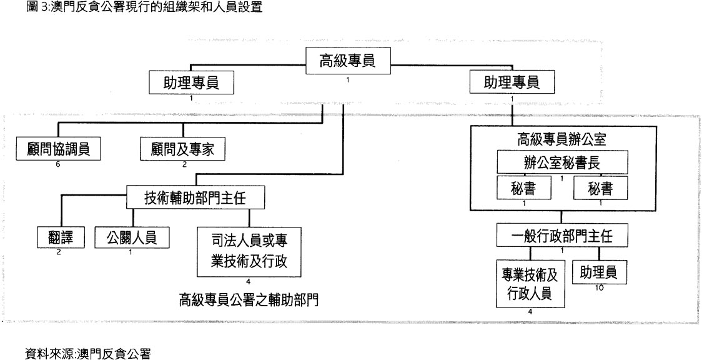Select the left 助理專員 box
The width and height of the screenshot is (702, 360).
pyautogui.click(x=191, y=82)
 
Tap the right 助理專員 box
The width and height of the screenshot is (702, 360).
pyautogui.click(x=512, y=82)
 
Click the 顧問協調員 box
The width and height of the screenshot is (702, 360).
pyautogui.click(x=59, y=149)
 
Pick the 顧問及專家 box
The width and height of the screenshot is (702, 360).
pyautogui.click(x=182, y=149)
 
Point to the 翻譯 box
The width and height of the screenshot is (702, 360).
pyautogui.click(x=57, y=237)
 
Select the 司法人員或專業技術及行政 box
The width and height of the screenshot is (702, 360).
pyautogui.click(x=249, y=251)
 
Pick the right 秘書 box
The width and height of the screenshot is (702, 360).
pyautogui.click(x=600, y=187)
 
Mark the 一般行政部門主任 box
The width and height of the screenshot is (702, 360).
pyautogui.click(x=563, y=236)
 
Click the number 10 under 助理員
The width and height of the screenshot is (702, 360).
pyautogui.click(x=600, y=288)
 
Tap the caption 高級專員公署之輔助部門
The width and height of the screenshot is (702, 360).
pyautogui.click(x=249, y=299)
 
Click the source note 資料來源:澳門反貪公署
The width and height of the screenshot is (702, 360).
pyautogui.click(x=88, y=353)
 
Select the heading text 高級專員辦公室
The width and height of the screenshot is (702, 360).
pyautogui.click(x=562, y=139)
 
